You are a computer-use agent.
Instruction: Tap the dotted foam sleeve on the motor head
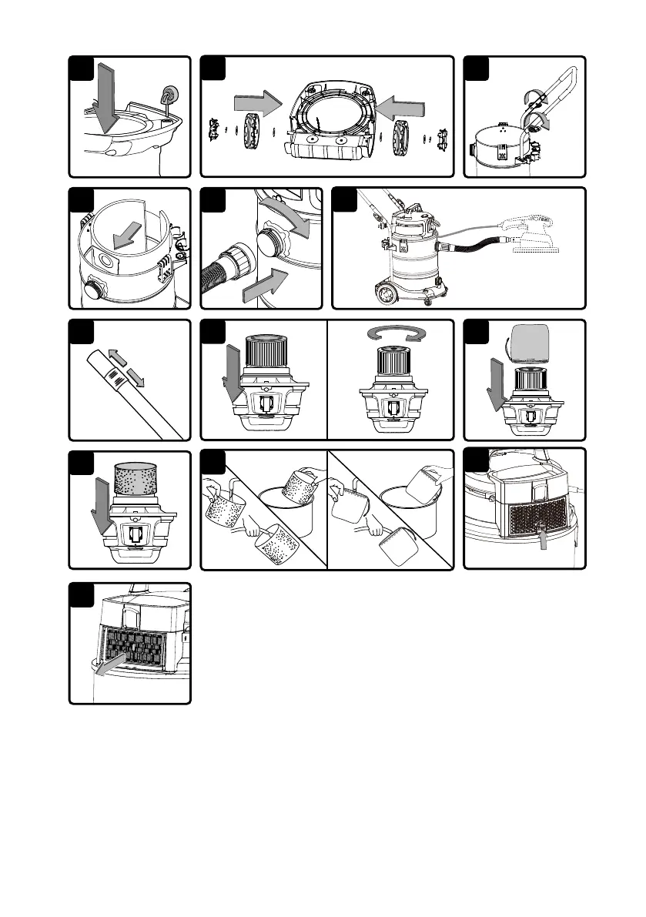pyautogui.click(x=136, y=480)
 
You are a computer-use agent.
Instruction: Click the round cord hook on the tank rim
pyautogui.click(x=167, y=97)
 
